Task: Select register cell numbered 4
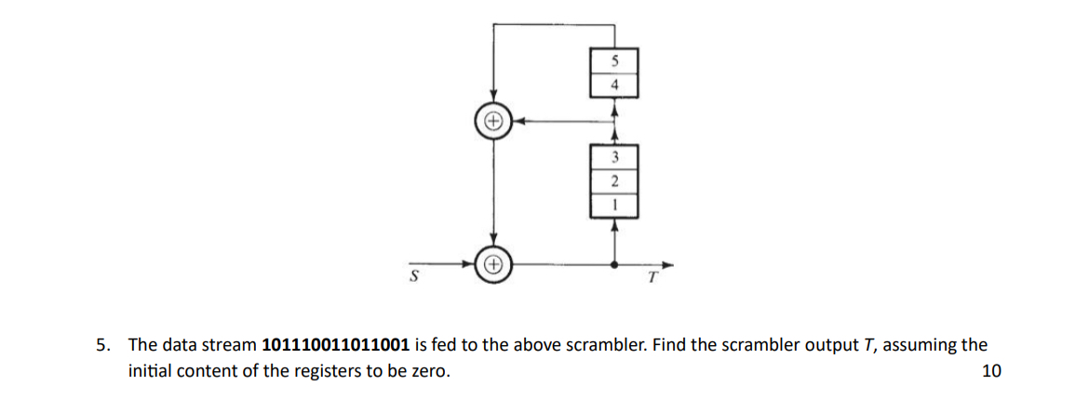[613, 86]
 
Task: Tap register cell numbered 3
[613, 155]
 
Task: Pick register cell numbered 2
[613, 178]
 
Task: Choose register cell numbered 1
[613, 202]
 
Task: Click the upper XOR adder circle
[493, 120]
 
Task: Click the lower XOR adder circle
[493, 264]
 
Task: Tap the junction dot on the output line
[613, 264]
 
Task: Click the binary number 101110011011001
[337, 345]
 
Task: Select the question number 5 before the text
[103, 345]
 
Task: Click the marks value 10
[991, 372]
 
